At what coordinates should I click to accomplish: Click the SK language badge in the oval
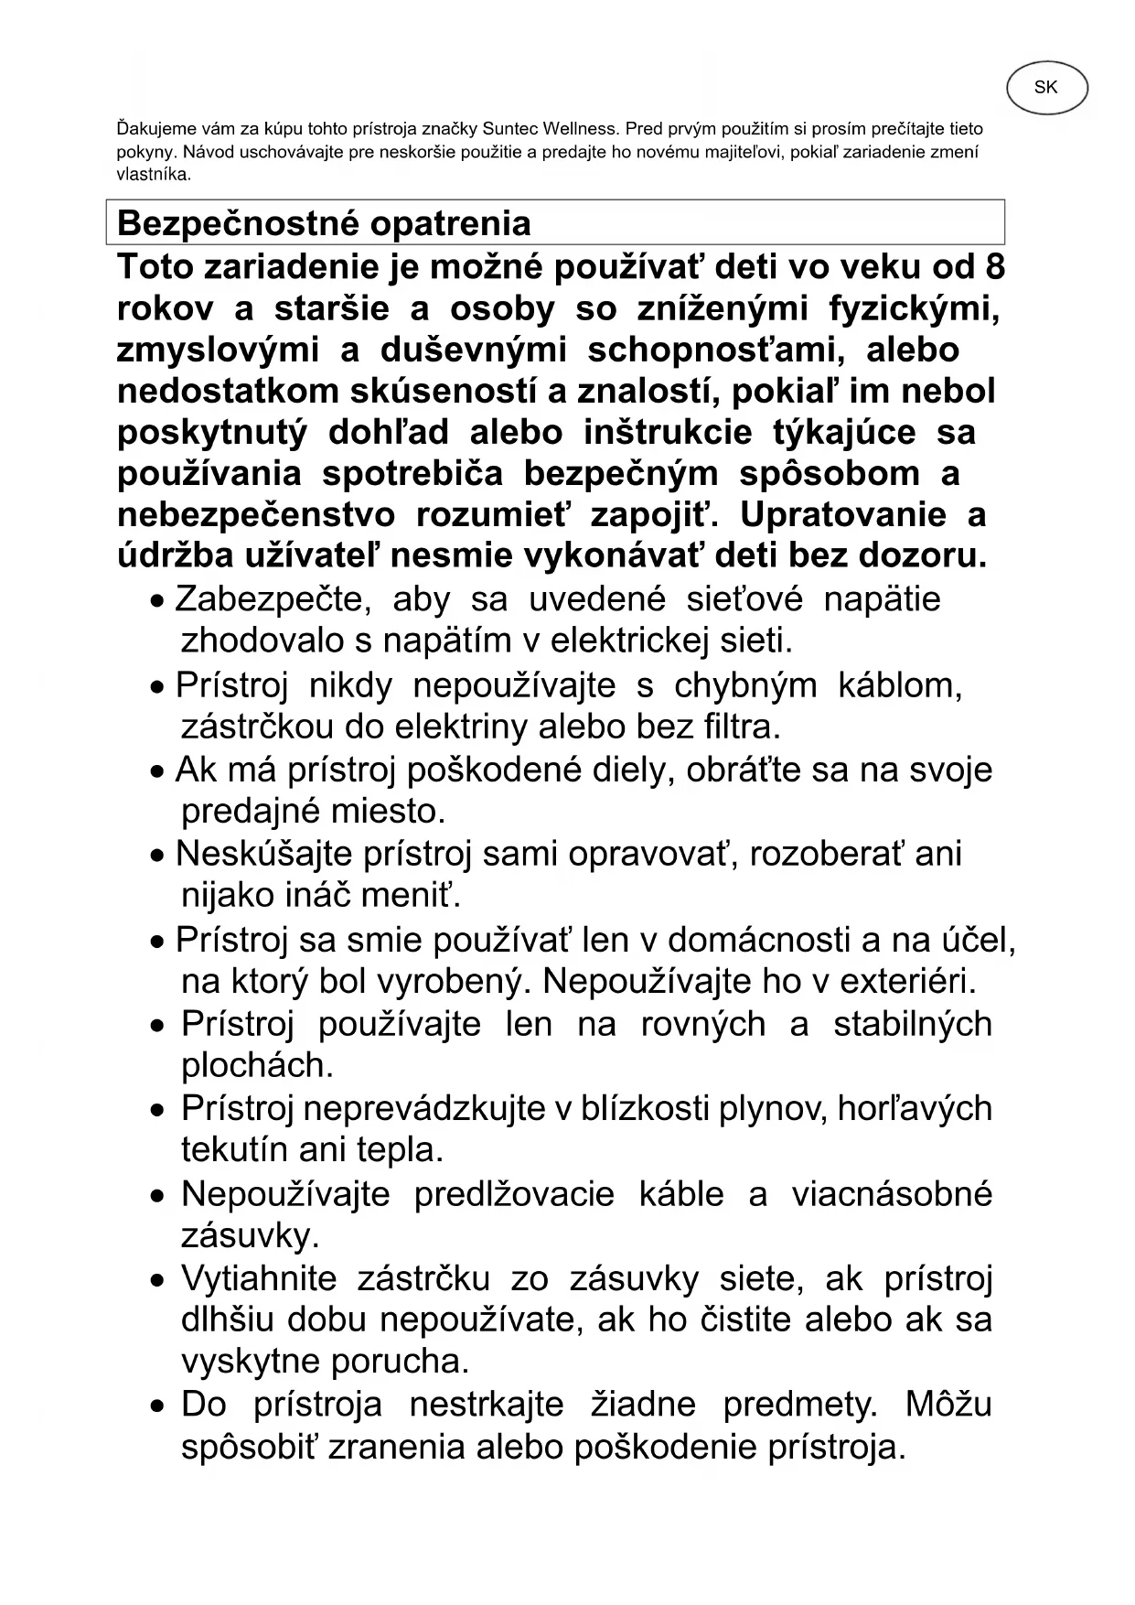(x=1046, y=88)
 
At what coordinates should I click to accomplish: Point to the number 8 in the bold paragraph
(x=995, y=267)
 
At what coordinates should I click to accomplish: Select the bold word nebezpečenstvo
(x=256, y=515)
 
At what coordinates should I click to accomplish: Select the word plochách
(x=257, y=1065)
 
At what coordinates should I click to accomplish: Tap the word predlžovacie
(x=514, y=1194)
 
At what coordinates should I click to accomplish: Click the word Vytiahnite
(x=259, y=1278)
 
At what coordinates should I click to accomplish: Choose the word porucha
(x=401, y=1362)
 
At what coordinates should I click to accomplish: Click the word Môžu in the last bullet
(x=948, y=1405)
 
